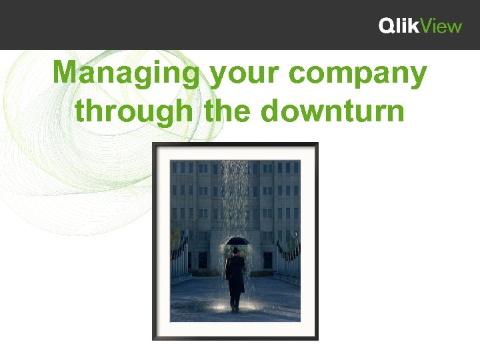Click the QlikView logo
(x=420, y=26)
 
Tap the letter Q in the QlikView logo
(x=387, y=26)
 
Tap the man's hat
(x=235, y=249)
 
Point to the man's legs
(x=235, y=299)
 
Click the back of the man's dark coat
(x=235, y=273)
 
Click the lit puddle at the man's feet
(x=235, y=308)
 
